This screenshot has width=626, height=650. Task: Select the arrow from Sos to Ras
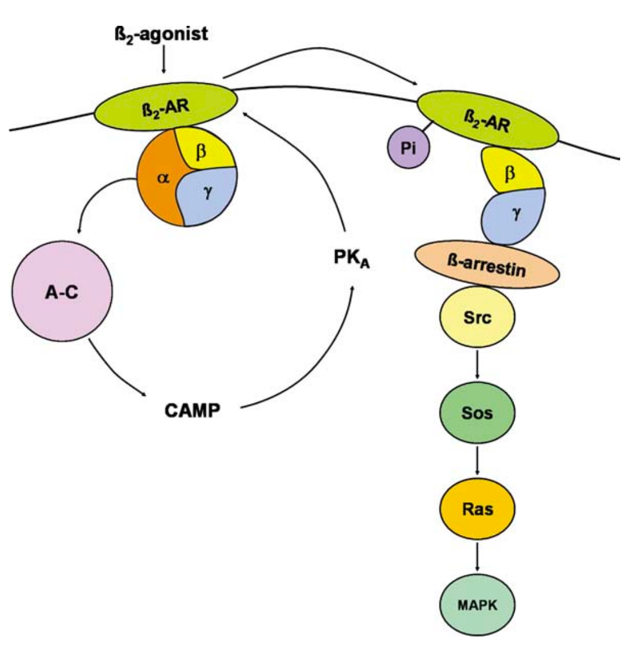(478, 462)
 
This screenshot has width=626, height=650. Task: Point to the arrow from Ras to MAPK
(478, 557)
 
